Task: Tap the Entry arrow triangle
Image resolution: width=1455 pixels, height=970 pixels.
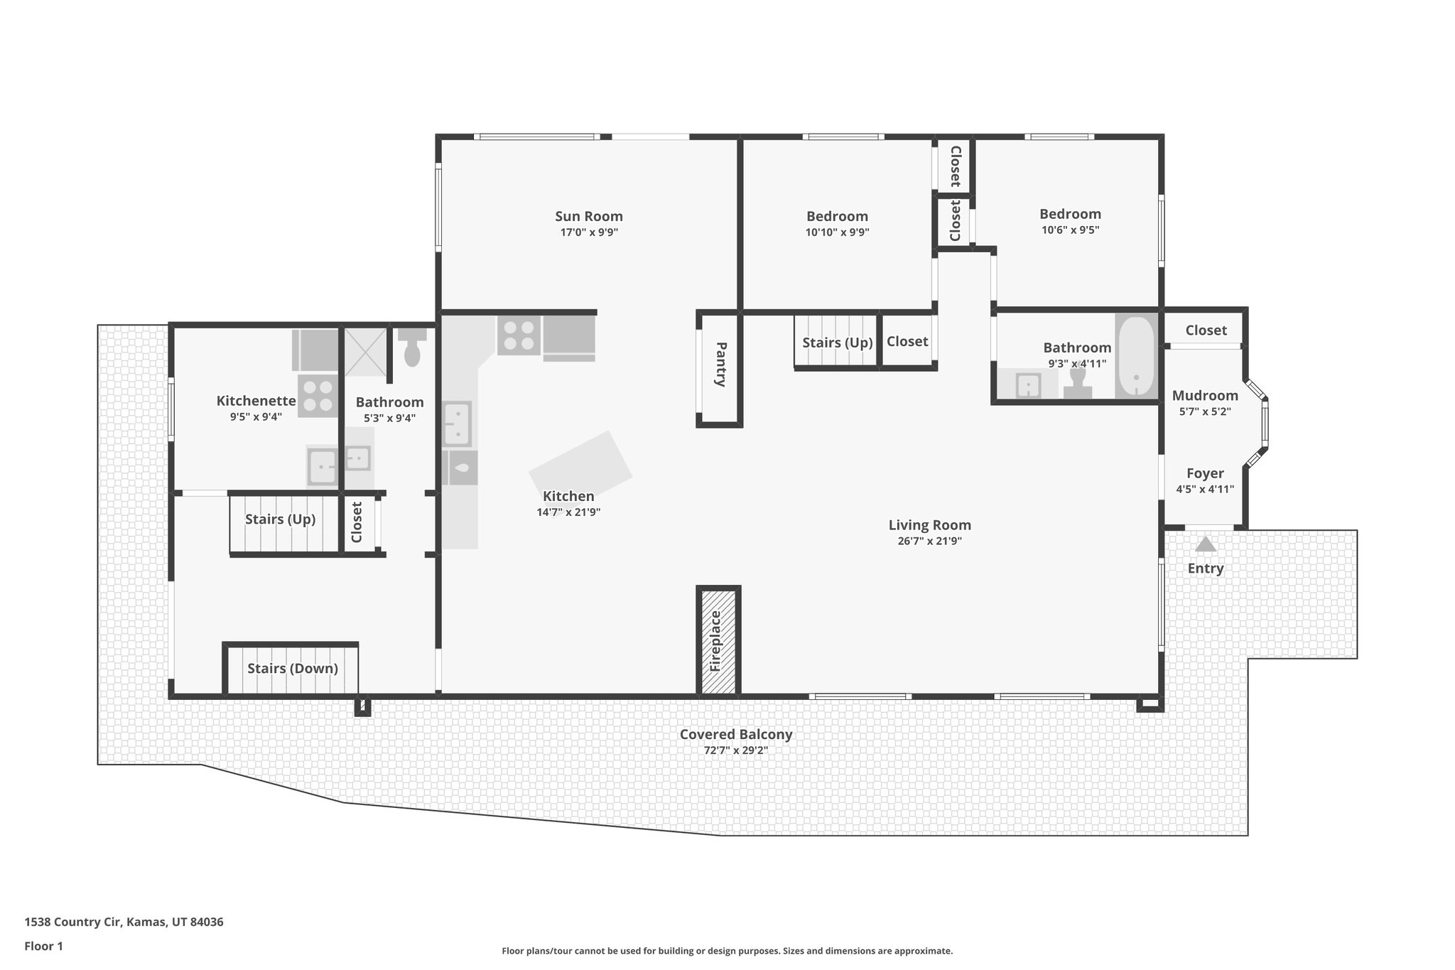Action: [1206, 544]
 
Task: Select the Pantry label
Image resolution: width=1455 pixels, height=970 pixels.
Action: [720, 365]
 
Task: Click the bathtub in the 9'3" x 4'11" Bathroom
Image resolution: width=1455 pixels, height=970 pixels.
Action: [1136, 357]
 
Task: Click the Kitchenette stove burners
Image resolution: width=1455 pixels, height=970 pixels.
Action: [318, 396]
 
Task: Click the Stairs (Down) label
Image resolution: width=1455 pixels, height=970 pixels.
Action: [293, 669]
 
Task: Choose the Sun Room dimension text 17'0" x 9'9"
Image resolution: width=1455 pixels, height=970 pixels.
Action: [589, 232]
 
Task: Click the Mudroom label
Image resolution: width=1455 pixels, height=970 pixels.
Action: [1205, 396]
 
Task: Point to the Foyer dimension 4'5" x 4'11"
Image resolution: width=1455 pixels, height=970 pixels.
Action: [1205, 489]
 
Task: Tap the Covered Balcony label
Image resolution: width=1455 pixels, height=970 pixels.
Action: [735, 735]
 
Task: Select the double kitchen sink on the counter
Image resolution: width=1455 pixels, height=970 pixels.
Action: [457, 423]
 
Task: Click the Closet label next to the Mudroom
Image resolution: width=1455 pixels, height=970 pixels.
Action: [1206, 330]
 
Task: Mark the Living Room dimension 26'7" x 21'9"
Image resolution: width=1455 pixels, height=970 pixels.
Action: [929, 541]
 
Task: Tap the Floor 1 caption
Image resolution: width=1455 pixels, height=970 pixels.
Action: [43, 947]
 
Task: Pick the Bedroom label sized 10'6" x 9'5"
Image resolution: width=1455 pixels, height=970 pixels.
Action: [1070, 214]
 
